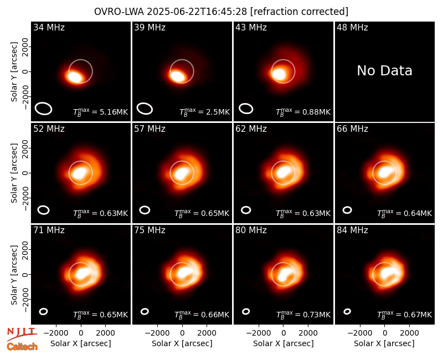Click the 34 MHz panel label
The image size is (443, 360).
coord(49,27)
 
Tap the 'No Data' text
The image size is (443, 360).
coord(384,70)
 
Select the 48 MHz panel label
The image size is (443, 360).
coord(352,27)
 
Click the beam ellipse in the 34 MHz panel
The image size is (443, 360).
coord(44,109)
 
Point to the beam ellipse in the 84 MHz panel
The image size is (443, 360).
coord(347,311)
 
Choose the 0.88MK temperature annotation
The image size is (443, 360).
coord(316,112)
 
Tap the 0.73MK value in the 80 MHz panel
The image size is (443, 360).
coord(316,315)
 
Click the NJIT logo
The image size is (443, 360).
coord(22,333)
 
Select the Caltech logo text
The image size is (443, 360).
coord(22,347)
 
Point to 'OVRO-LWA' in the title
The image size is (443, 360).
coord(119,12)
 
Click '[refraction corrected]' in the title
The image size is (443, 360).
coord(299,12)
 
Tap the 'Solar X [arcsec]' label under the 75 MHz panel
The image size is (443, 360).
coord(182,343)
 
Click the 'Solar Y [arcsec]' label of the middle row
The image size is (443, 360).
coord(14,173)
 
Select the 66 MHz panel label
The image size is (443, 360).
coord(352,129)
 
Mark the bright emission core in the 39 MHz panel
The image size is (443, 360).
coord(177,76)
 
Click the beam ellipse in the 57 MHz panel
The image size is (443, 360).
coord(145,210)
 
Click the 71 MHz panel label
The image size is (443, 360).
coord(49,230)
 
